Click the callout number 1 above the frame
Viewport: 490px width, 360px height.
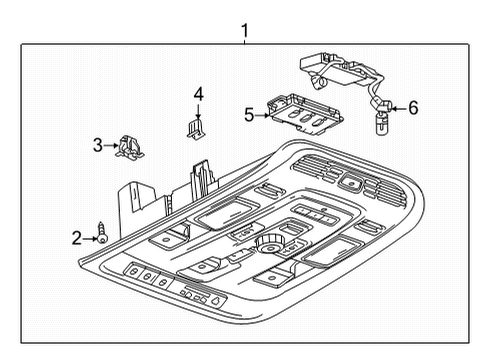tap(245, 31)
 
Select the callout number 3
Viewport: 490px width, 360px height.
tap(98, 146)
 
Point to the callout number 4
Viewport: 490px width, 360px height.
tap(198, 94)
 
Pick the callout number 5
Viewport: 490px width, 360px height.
tap(249, 115)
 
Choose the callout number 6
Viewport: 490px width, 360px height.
tap(413, 107)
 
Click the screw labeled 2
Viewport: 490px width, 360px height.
tap(101, 235)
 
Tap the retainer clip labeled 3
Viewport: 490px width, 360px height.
tap(128, 147)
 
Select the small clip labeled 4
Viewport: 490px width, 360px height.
tap(196, 128)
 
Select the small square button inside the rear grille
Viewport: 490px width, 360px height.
tap(351, 182)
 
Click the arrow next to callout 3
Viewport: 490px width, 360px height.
tap(110, 146)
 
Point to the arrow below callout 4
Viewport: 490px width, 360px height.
tap(198, 110)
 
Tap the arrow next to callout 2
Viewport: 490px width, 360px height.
tap(89, 237)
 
